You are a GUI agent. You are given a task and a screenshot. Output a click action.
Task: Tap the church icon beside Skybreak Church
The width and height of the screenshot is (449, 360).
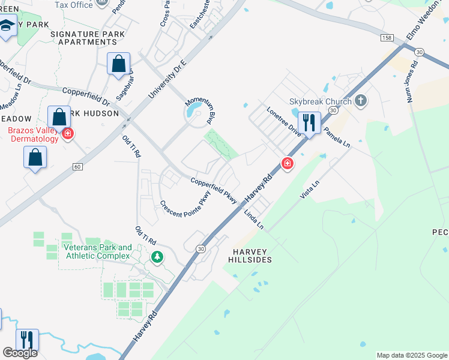[360, 100]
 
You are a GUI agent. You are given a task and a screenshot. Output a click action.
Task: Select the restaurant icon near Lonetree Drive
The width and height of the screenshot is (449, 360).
[309, 123]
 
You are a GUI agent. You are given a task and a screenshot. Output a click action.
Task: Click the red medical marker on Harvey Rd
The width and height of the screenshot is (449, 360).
[288, 163]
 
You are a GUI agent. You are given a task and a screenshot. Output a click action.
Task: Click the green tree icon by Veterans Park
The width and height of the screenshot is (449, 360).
[157, 257]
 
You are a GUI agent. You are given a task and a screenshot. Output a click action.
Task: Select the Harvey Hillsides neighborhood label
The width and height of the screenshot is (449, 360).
[250, 255]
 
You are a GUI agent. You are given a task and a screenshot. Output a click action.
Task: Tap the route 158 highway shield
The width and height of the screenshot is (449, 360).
[386, 37]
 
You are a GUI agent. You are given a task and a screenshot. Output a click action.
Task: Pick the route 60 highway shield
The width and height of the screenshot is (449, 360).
[77, 166]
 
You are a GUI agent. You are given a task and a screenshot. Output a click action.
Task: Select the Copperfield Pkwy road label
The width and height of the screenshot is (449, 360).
[214, 190]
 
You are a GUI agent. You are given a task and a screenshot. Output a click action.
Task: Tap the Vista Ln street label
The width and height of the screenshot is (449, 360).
[311, 188]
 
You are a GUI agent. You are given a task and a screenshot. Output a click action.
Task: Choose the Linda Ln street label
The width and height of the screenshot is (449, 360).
[253, 219]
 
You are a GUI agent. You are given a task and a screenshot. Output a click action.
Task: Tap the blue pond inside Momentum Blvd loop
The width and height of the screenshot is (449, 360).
[194, 112]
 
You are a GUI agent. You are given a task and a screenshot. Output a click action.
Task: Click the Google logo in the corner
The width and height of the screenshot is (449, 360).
[20, 353]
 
